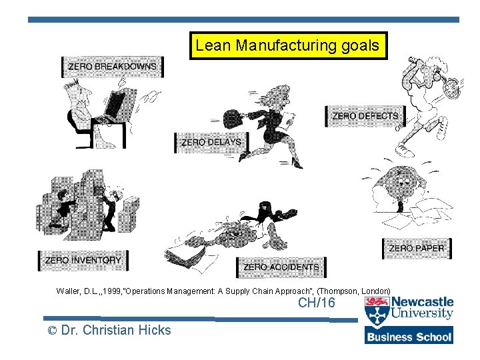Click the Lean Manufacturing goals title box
point(288,46)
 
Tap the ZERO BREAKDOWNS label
point(113,67)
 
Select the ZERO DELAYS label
point(211,142)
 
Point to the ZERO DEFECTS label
point(365,116)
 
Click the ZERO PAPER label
point(416,249)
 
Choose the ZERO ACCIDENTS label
point(281,267)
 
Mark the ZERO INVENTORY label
point(83,260)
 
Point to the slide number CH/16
point(317,303)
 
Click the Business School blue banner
point(409,336)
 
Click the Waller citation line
point(223,291)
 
